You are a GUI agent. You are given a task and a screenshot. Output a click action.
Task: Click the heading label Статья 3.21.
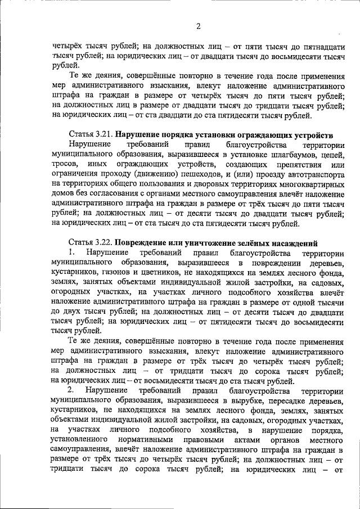(88, 136)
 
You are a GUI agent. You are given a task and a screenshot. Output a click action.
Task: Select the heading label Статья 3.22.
(88, 242)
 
